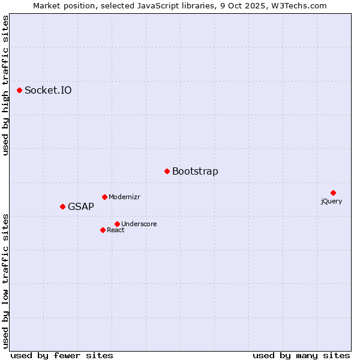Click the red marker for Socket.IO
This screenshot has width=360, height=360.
click(19, 90)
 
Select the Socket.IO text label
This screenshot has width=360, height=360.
click(48, 91)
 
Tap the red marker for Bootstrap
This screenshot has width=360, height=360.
click(167, 171)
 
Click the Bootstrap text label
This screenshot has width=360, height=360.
click(195, 172)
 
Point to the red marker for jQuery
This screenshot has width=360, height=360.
click(333, 193)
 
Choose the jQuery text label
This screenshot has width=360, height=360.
click(331, 202)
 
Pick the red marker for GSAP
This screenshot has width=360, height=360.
click(62, 206)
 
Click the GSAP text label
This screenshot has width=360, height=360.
click(81, 207)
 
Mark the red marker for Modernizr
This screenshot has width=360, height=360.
click(104, 197)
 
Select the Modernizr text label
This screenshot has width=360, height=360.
click(124, 197)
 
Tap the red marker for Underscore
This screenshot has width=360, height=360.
click(117, 224)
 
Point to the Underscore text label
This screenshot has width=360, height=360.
click(139, 224)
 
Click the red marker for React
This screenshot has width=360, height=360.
click(103, 230)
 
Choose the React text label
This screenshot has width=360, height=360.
click(116, 230)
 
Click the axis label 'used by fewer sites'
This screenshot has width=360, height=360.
click(62, 355)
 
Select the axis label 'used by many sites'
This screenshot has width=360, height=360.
click(301, 355)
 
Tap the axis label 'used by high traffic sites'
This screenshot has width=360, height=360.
click(5, 85)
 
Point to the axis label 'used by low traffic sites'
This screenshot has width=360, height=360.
click(5, 280)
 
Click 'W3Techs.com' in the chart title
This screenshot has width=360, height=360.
click(299, 5)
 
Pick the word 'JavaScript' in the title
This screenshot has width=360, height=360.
click(156, 5)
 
